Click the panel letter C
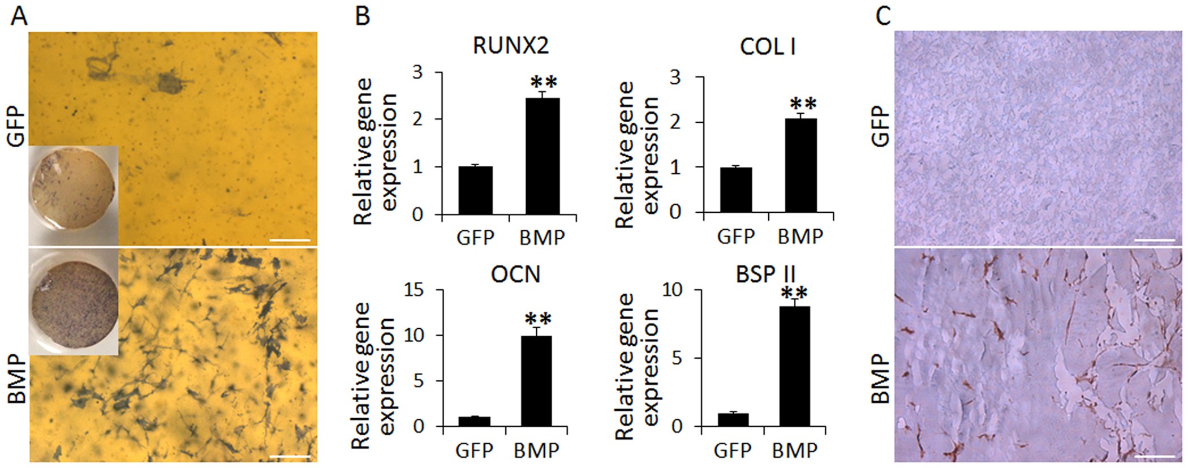[x=883, y=17]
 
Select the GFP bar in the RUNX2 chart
[x=475, y=191]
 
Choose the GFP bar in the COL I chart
[x=736, y=190]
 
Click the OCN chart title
[x=515, y=274]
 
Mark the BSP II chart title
[x=765, y=274]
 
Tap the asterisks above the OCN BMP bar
[x=537, y=319]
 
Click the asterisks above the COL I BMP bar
[x=803, y=105]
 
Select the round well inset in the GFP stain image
[x=74, y=194]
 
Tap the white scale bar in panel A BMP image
[x=290, y=456]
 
